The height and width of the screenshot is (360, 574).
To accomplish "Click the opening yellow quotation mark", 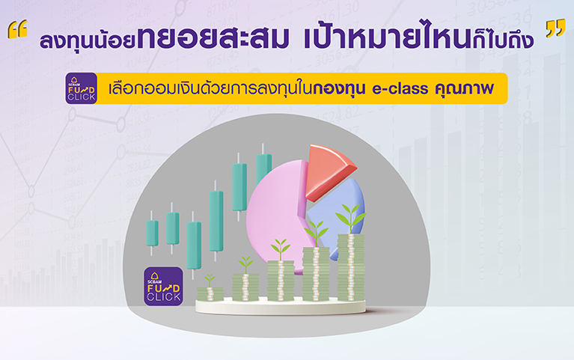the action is [x=17, y=29].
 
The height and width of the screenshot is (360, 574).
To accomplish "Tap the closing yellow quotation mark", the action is [x=555, y=29].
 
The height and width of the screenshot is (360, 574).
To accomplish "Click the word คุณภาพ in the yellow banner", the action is [x=464, y=88].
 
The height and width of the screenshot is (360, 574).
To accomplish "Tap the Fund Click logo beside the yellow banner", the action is [x=82, y=88].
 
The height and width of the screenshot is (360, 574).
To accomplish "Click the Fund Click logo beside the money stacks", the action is [x=163, y=286].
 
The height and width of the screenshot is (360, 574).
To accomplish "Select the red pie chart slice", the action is [x=329, y=171].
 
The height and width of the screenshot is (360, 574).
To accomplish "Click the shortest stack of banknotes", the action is [x=210, y=294].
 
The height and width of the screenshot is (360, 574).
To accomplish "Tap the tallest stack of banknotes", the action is [x=351, y=267].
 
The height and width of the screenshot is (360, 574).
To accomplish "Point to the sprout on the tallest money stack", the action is [x=351, y=218].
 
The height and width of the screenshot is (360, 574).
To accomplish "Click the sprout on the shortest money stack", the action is [x=210, y=280].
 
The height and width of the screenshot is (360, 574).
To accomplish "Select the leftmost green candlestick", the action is [x=152, y=233].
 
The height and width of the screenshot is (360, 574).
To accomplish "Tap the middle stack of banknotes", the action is [x=281, y=281].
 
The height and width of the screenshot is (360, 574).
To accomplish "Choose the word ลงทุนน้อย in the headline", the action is [x=88, y=40].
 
